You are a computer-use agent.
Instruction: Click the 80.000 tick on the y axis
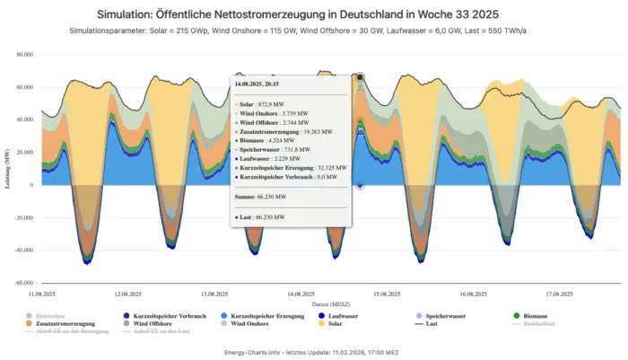pyautogui.click(x=22, y=55)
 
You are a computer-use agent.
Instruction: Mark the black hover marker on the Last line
pyautogui.click(x=360, y=77)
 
